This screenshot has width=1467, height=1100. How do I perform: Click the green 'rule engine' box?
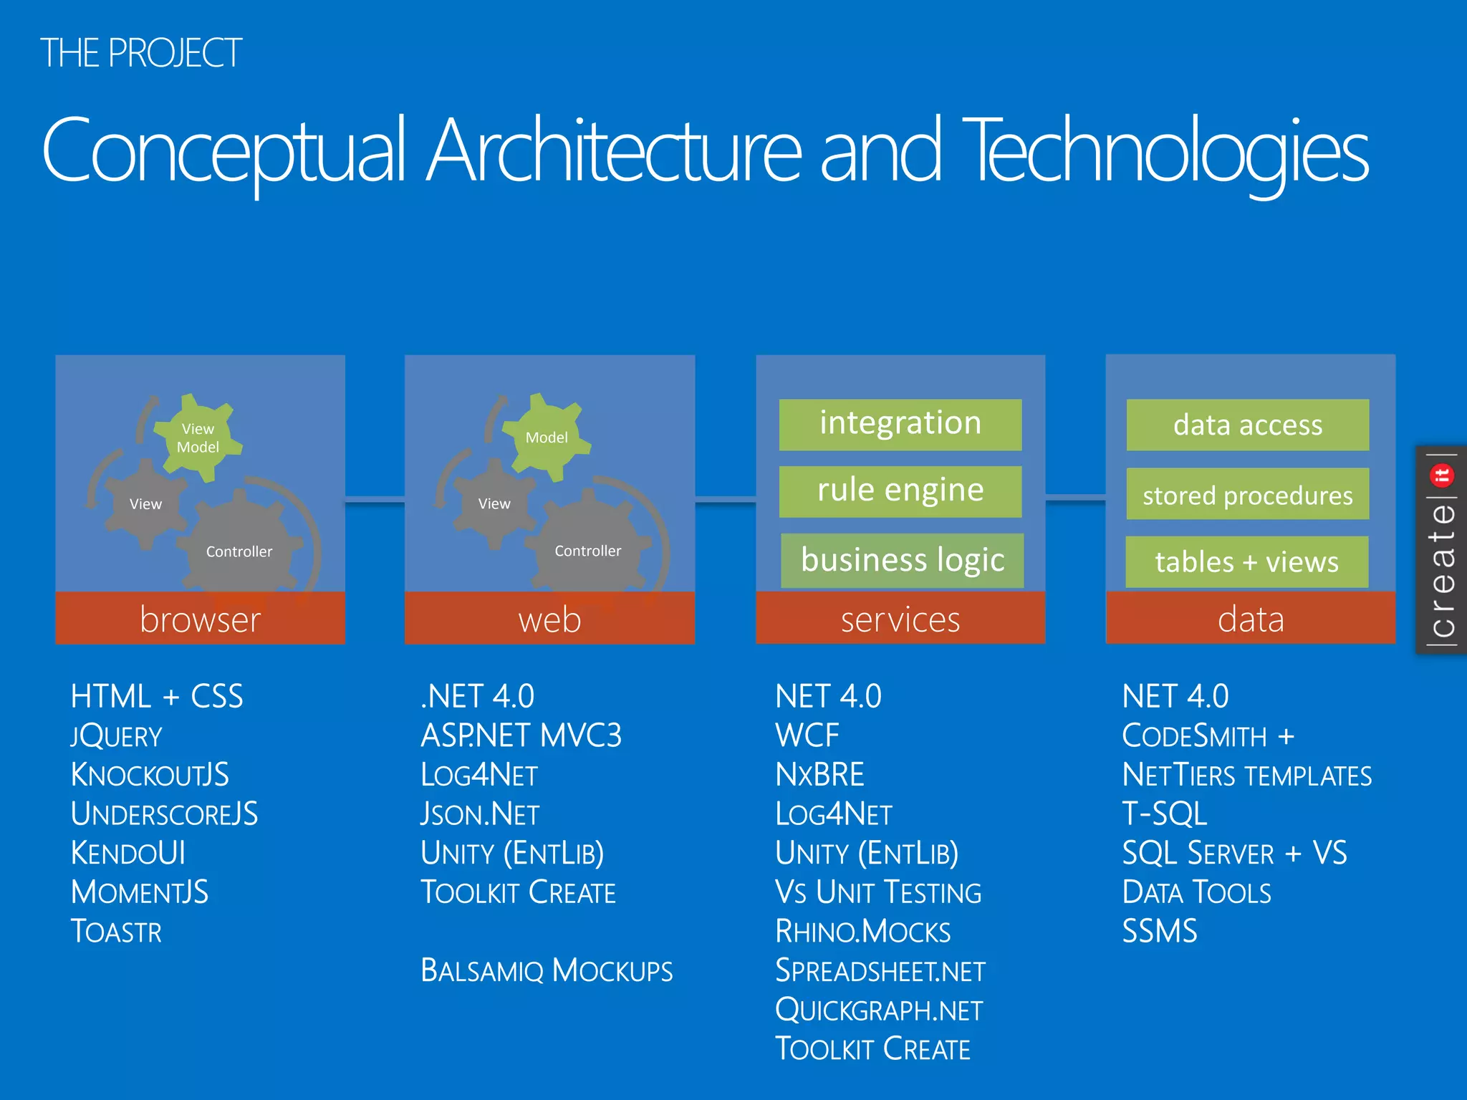(x=900, y=491)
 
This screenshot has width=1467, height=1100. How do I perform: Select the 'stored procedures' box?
(x=1247, y=494)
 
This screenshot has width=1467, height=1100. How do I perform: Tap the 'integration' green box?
(x=900, y=424)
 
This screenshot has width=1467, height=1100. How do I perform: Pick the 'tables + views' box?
(x=1246, y=561)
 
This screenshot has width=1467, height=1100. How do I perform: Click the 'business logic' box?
(x=902, y=560)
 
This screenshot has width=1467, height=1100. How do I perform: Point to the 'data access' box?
(x=1247, y=425)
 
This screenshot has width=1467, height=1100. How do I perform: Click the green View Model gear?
(x=198, y=438)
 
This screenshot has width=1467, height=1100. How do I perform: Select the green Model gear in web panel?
(x=547, y=438)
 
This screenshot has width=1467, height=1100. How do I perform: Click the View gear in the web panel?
(x=494, y=504)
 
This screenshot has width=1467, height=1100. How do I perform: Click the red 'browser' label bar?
(x=200, y=619)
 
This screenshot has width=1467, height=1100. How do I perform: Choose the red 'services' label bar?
(x=900, y=619)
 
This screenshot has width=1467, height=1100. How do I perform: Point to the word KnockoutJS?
(x=150, y=775)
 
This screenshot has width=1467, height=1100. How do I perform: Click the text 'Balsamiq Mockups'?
(x=547, y=971)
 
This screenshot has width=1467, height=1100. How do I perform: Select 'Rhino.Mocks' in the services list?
(x=862, y=932)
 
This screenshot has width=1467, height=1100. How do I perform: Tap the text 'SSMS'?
(x=1159, y=932)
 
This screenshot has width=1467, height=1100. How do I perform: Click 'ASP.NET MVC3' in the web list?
(x=521, y=735)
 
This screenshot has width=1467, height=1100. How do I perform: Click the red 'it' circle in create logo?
(x=1441, y=475)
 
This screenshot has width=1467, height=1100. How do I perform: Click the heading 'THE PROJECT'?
(x=141, y=53)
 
